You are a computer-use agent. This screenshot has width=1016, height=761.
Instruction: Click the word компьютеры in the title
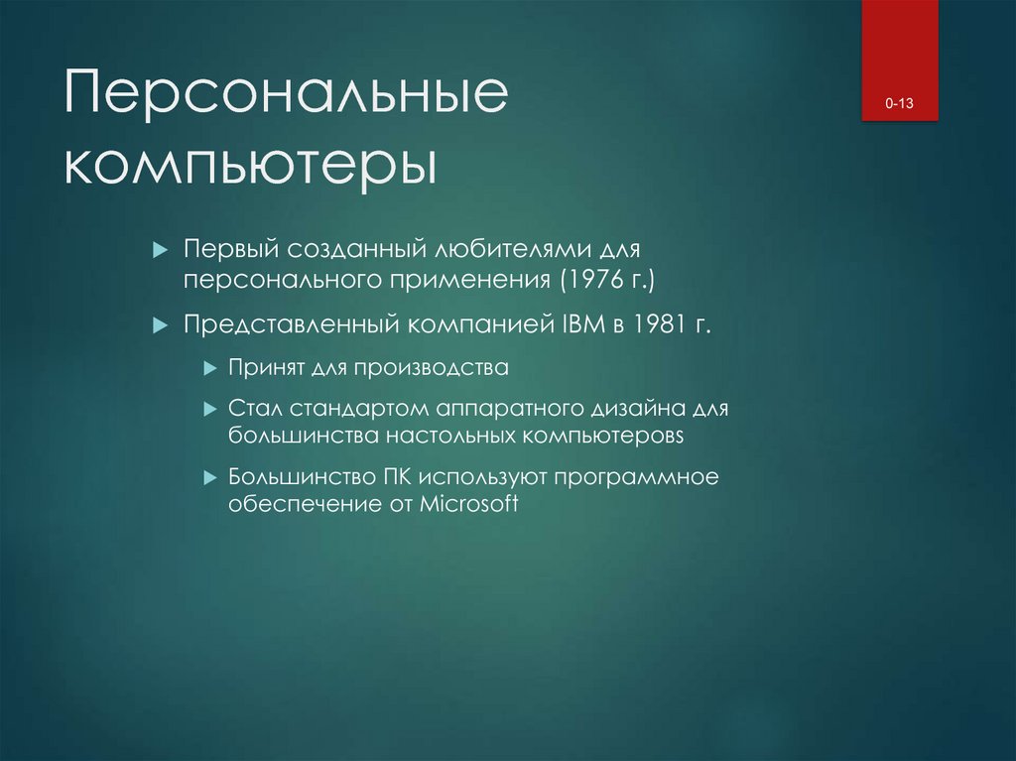pos(250,165)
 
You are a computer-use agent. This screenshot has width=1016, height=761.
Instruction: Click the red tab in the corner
pos(900,60)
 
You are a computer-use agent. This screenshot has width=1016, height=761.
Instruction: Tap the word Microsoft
pos(468,503)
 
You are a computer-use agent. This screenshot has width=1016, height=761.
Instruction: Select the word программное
pos(636,476)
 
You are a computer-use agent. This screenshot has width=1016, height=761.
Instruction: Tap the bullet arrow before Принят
pos(208,368)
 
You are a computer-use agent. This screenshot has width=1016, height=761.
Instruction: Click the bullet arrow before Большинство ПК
pos(208,477)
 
